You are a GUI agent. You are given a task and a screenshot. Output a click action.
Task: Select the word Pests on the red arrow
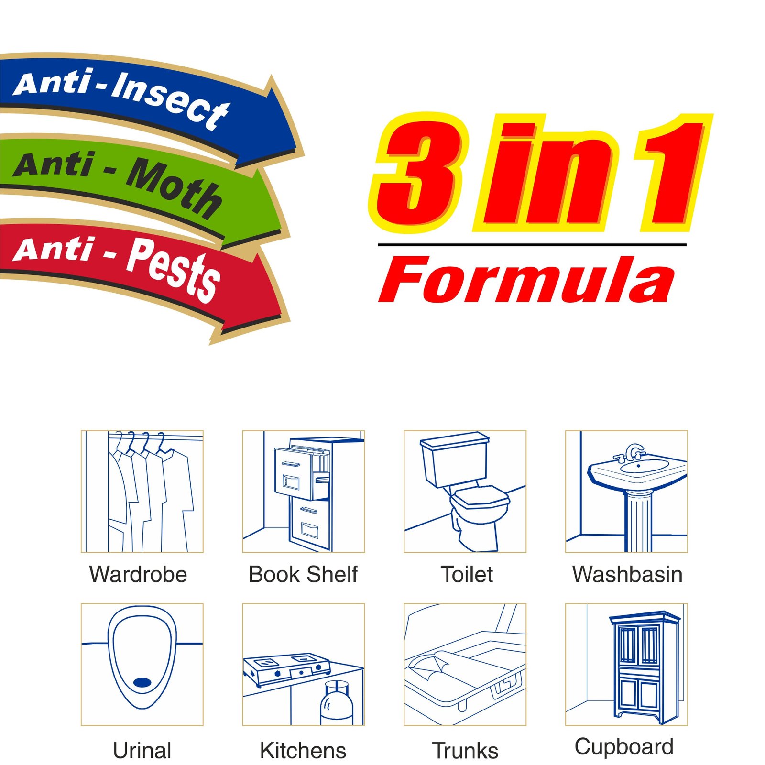point(173,269)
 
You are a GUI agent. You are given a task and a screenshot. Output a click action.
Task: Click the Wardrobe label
point(138,574)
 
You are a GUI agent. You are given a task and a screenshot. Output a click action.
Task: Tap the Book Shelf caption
point(303,574)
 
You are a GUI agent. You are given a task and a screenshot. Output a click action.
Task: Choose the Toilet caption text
point(467,574)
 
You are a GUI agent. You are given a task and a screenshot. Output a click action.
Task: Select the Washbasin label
point(627,574)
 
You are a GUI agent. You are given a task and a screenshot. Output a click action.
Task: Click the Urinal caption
point(142,750)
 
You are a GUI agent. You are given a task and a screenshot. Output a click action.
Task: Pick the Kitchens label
point(303,750)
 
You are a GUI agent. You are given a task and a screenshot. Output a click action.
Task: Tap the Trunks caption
point(465,750)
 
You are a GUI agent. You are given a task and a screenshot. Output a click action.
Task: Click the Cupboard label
point(624,746)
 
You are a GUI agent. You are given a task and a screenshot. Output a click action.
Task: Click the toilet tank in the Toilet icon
point(454,459)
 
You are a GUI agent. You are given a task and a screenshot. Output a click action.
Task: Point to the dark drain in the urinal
point(142,682)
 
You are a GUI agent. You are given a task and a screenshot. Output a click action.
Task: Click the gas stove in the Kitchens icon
point(287,667)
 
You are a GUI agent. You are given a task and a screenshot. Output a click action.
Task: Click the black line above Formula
point(532,245)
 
